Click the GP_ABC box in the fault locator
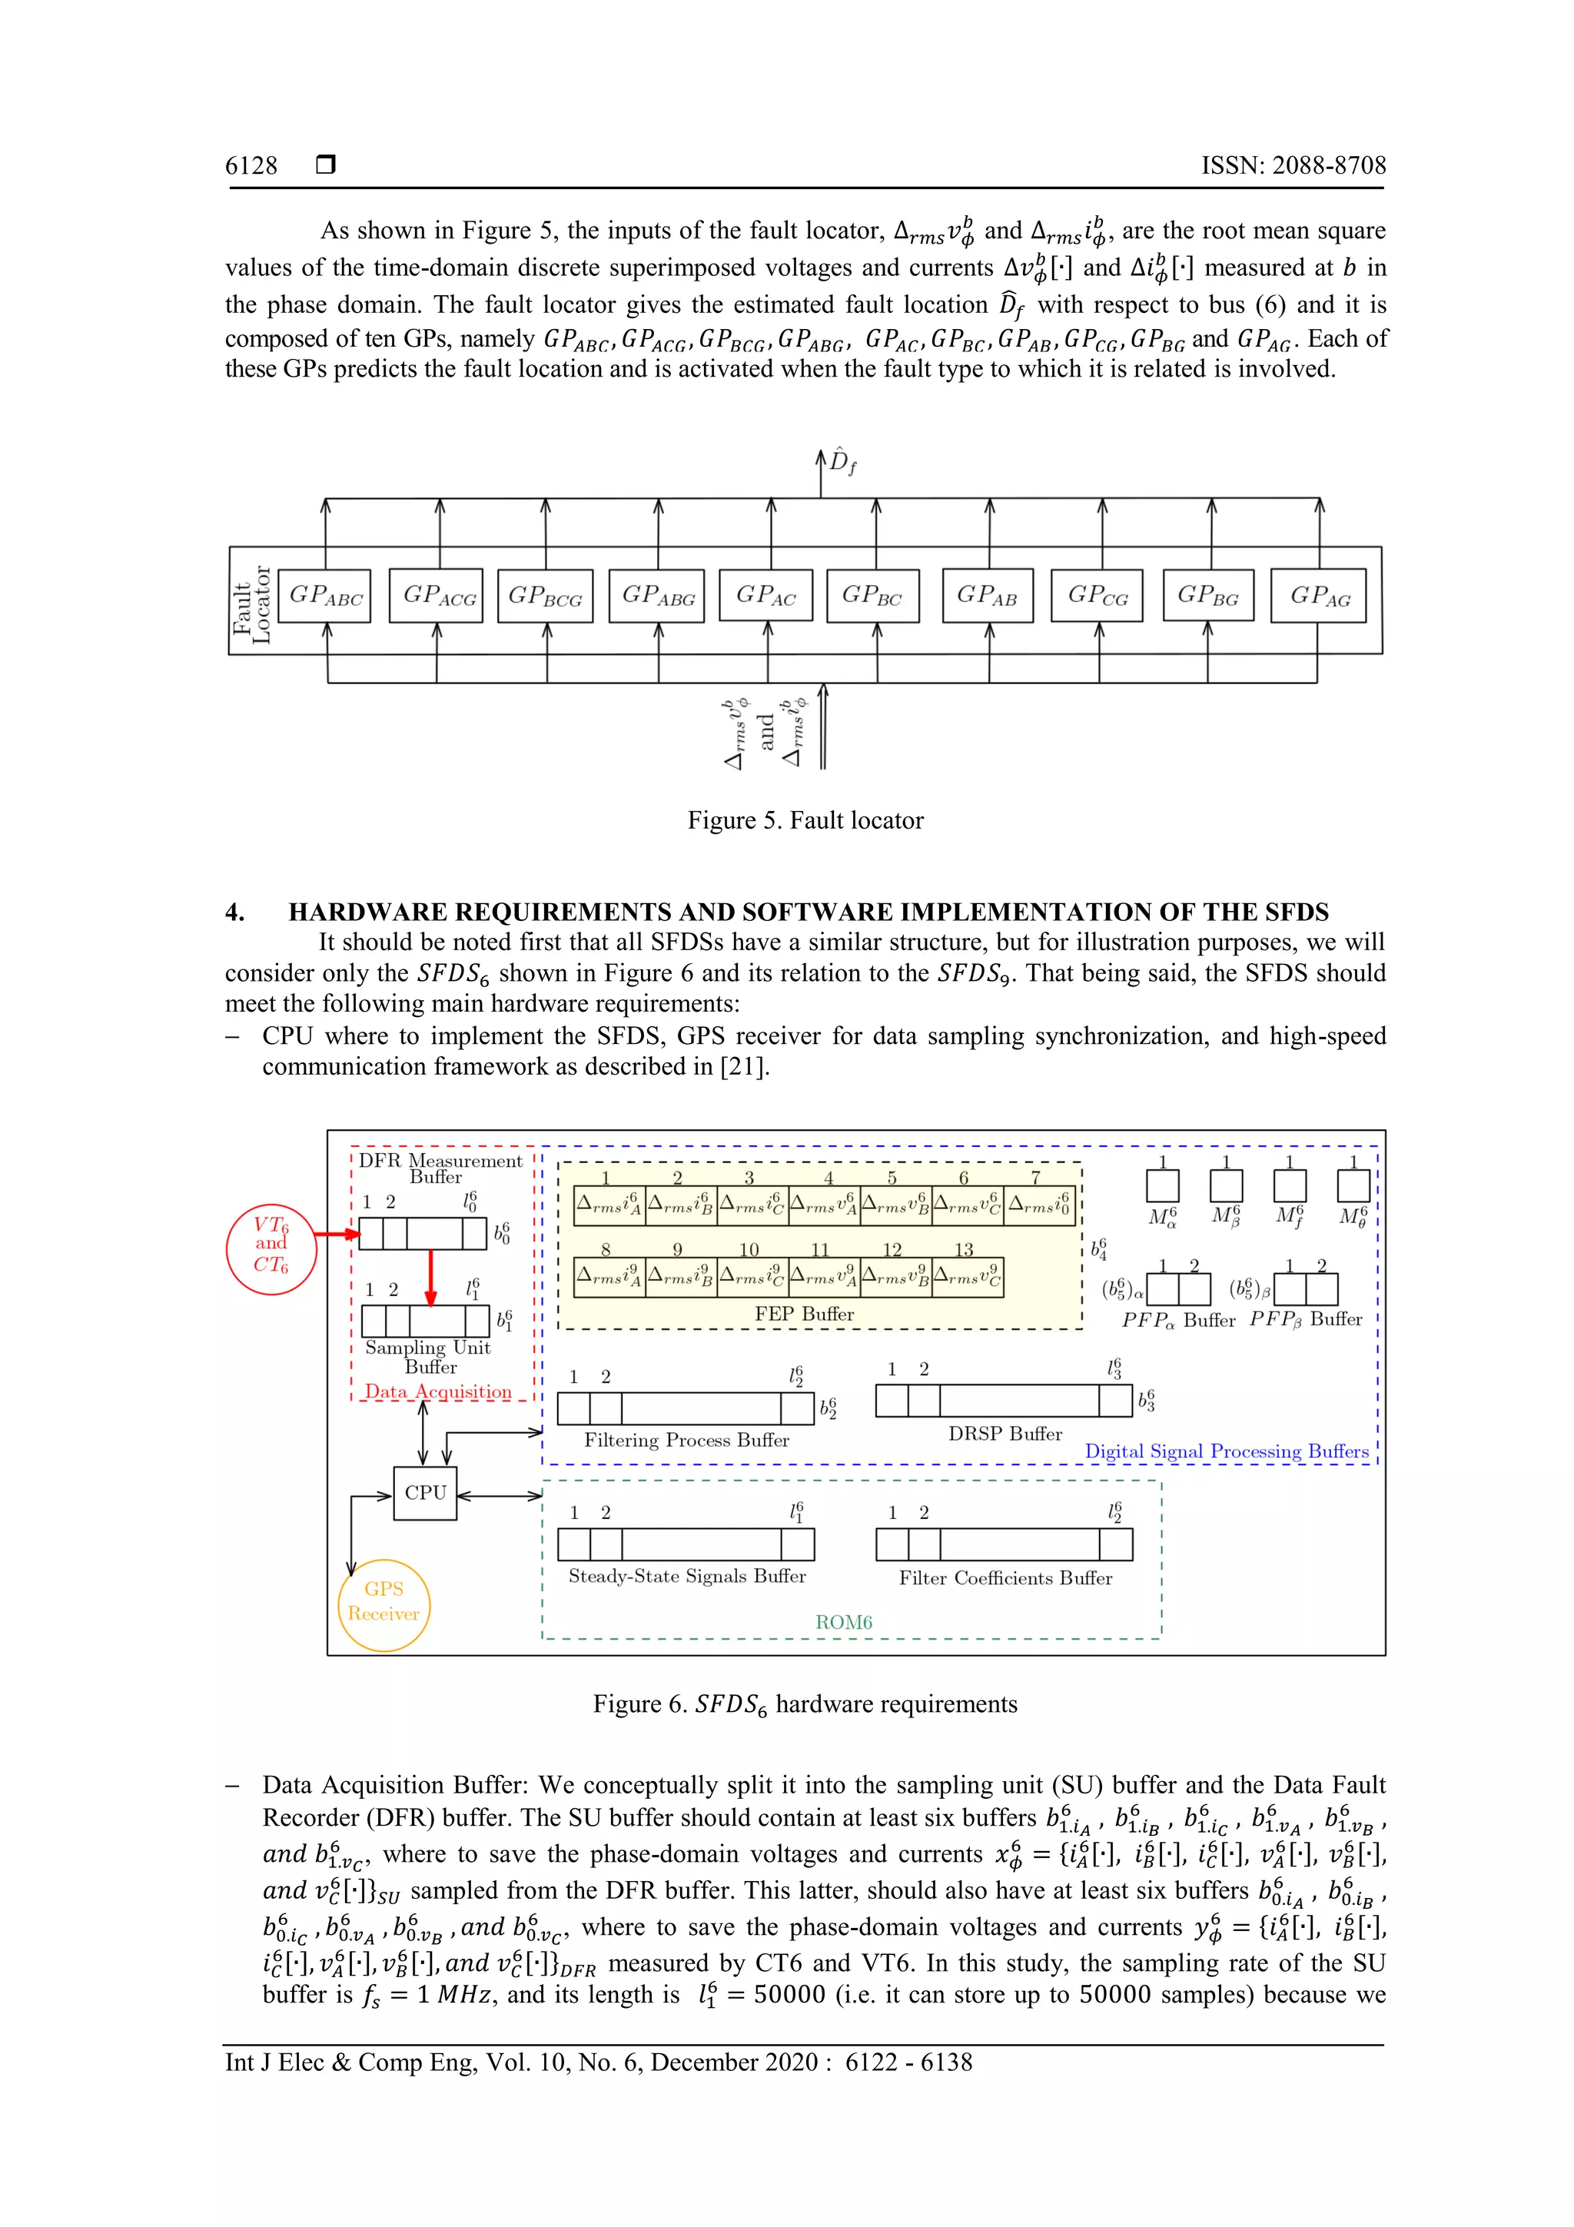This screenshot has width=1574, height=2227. tap(325, 596)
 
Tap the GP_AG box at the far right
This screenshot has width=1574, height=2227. tap(1319, 596)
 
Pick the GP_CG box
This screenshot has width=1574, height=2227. tap(1097, 596)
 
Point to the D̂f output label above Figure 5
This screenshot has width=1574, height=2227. tap(842, 462)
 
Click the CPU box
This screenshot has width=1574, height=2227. tap(425, 1493)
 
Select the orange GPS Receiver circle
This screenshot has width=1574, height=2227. tap(384, 1602)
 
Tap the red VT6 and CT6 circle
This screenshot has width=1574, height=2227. tap(271, 1245)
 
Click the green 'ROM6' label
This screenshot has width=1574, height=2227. tap(844, 1622)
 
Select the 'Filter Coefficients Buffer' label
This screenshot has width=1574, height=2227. tap(1005, 1578)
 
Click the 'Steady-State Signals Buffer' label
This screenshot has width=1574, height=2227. tap(686, 1576)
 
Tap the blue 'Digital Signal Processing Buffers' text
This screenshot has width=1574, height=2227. tap(1227, 1451)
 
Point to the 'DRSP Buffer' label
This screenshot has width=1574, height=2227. tap(1005, 1434)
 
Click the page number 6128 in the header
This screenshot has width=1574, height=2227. tap(251, 166)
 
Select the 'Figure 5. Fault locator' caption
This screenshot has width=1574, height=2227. tap(805, 820)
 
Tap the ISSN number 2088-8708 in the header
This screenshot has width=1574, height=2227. tap(1329, 166)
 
